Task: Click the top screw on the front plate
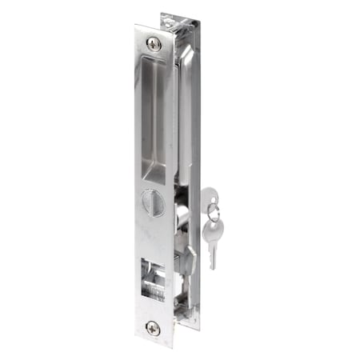[154, 44]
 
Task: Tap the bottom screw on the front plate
[152, 328]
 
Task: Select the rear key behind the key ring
[208, 197]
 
